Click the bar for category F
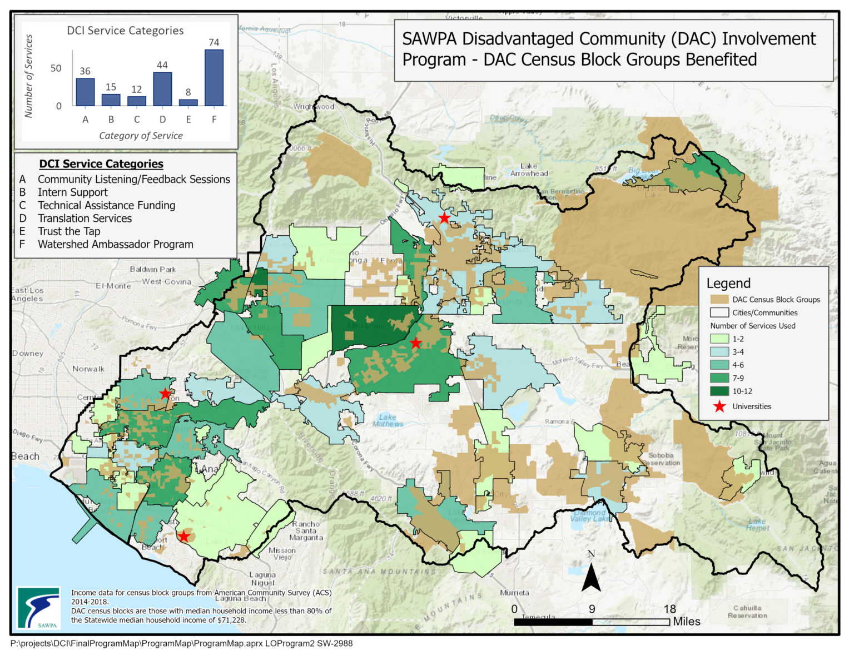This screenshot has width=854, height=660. coord(214,78)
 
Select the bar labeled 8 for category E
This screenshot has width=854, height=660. coord(188,102)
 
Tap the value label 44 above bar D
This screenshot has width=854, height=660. coord(162,65)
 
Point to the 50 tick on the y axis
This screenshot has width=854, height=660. coord(56,68)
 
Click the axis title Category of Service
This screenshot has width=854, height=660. coord(141,136)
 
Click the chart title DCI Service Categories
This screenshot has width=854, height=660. coord(125,31)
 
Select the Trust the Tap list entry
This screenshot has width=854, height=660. coord(69,231)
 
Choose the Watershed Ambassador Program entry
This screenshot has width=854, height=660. coord(115,244)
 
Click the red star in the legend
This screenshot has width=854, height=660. coord(719,406)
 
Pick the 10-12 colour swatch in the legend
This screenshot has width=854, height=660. coord(719,391)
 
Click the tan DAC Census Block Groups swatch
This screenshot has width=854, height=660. coord(719,299)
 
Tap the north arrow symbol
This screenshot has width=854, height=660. coord(591,573)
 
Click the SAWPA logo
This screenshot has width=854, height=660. coord(38,608)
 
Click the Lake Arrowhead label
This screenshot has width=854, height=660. coord(529,170)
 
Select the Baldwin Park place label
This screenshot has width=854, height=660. coord(153,269)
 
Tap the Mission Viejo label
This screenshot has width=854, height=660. coord(282,553)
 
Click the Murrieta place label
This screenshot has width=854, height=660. coord(514,593)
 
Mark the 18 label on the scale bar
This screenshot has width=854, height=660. coord(669,609)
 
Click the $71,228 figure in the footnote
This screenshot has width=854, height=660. coord(231,620)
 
